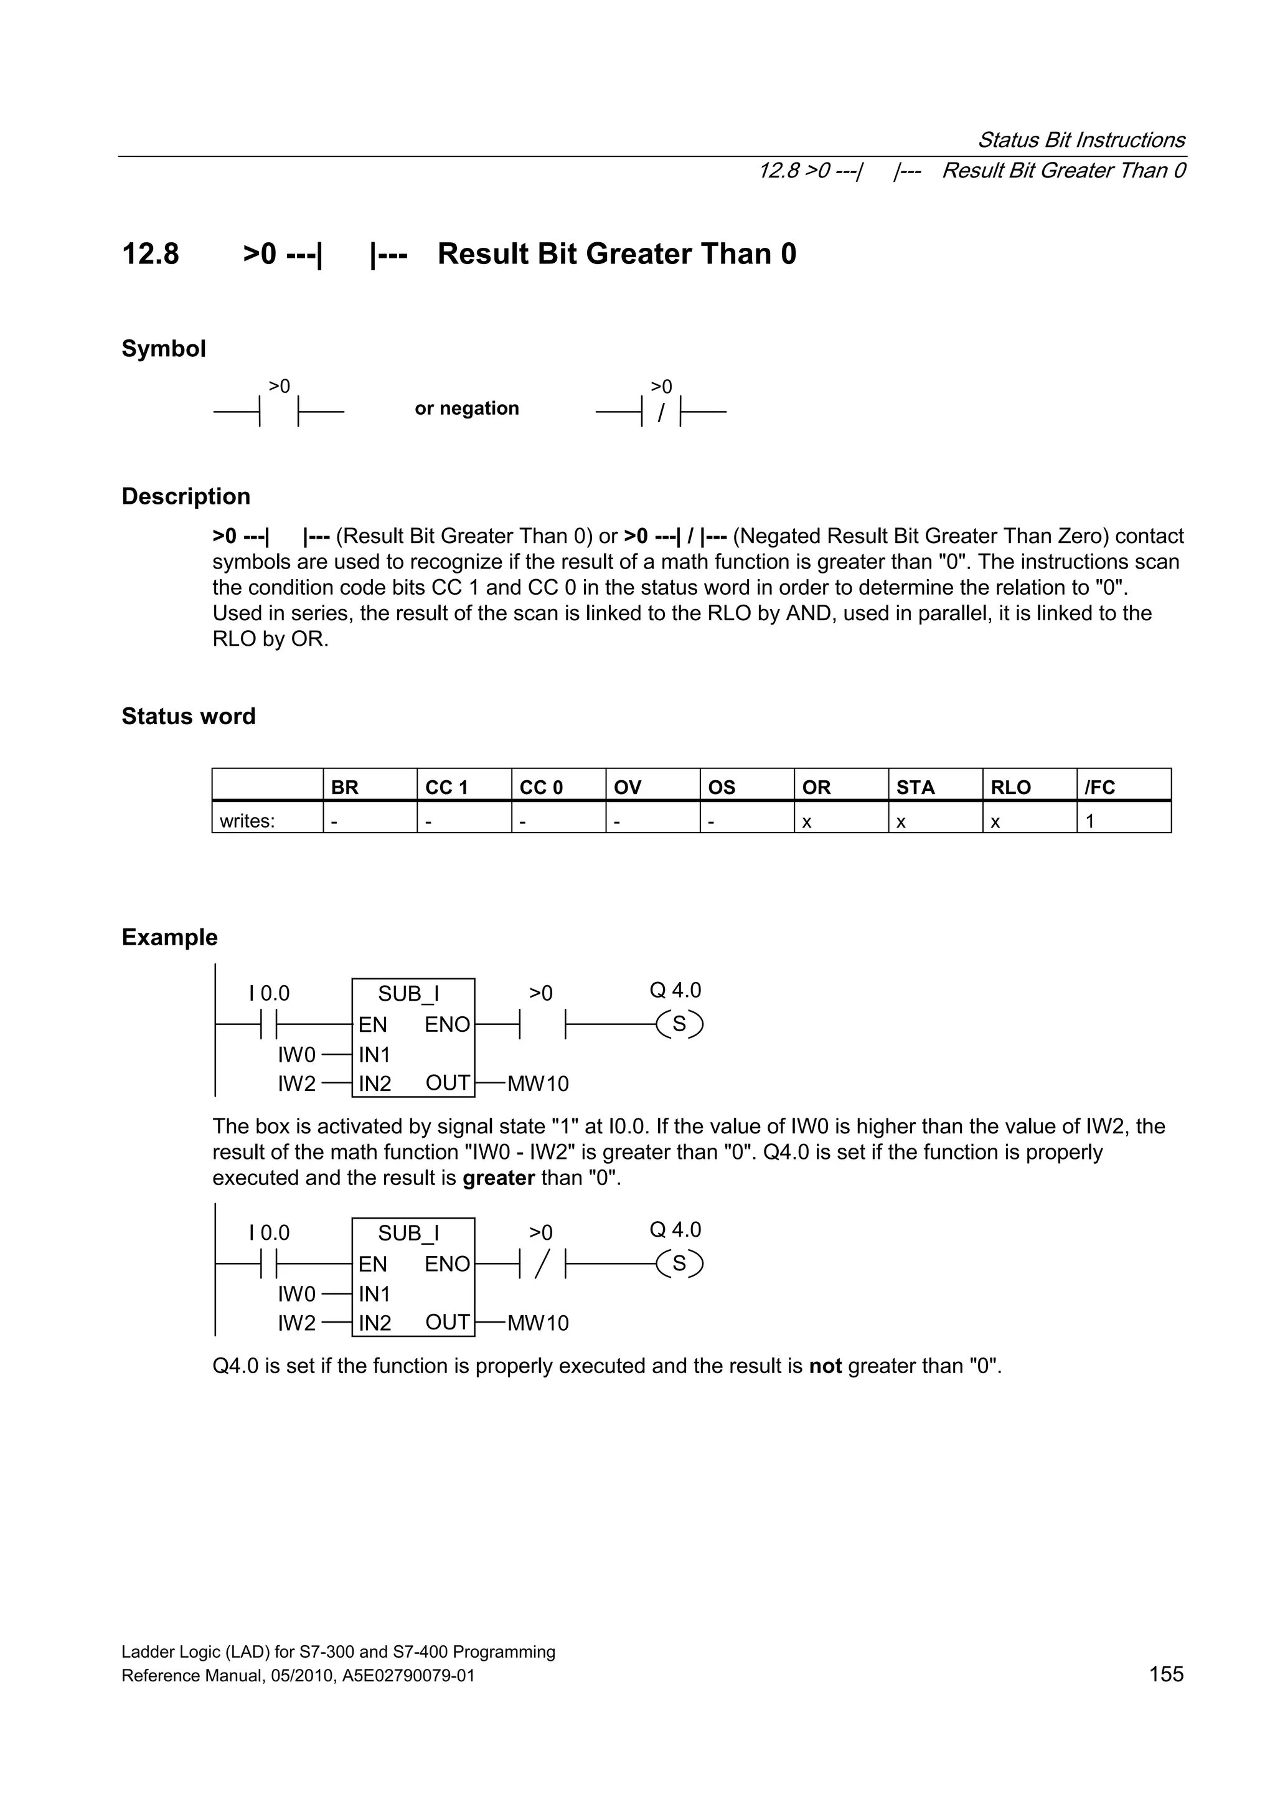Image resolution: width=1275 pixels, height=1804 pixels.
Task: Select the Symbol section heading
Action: point(163,348)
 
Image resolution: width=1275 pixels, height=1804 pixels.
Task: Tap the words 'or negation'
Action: point(467,408)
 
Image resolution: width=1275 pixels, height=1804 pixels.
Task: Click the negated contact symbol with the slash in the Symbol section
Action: point(661,411)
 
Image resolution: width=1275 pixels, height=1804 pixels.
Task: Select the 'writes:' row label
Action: point(247,821)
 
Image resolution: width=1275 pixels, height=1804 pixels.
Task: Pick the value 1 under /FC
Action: point(1089,821)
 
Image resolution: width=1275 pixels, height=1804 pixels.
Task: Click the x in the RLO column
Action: point(995,822)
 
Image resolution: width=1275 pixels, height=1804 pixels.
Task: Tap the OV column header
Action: point(627,786)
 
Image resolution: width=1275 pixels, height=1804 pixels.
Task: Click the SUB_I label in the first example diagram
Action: point(408,993)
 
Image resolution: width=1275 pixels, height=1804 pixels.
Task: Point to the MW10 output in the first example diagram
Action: point(537,1084)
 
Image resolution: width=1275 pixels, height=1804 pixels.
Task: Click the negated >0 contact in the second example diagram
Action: point(541,1263)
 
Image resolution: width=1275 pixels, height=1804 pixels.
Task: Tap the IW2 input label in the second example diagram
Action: point(296,1323)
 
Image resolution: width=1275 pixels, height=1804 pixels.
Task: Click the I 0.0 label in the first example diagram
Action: point(270,993)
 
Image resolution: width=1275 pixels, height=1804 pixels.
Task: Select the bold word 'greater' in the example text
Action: point(498,1178)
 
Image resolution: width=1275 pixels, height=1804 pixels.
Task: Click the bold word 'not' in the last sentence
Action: point(825,1366)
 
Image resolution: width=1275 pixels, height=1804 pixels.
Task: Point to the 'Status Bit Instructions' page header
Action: point(1081,140)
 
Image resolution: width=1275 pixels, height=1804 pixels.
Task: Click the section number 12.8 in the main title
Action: point(150,254)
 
